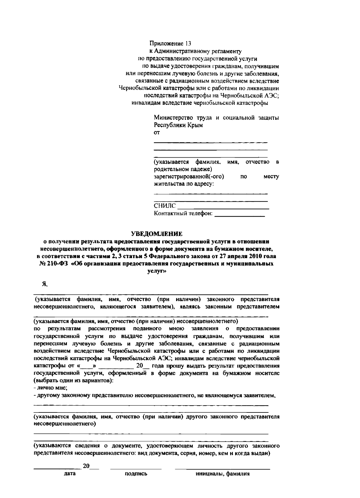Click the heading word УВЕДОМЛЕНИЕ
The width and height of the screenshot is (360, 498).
point(157,234)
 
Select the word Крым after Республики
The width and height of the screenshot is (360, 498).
point(195,125)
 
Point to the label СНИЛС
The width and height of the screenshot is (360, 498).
point(165,206)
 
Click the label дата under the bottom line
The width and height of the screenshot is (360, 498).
point(70,474)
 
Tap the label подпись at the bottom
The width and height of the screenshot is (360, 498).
point(136,474)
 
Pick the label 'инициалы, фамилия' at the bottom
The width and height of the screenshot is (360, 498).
point(223,474)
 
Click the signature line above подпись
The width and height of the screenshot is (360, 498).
point(136,468)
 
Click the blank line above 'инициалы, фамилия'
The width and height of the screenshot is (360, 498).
point(223,468)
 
